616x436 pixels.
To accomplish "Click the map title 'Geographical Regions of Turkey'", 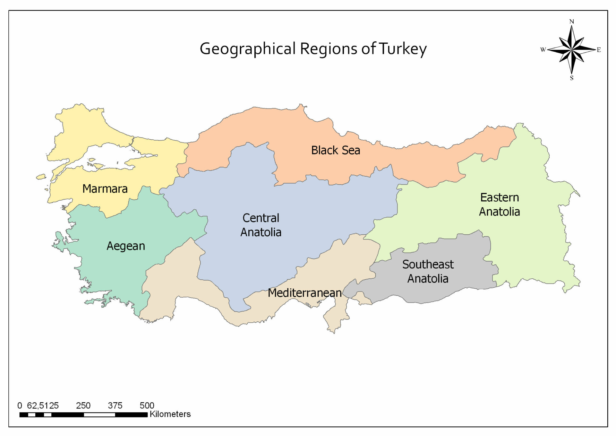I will click(x=313, y=49).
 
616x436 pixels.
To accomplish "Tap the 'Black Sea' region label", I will click(x=336, y=150).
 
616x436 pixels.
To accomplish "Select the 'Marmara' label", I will click(x=105, y=189).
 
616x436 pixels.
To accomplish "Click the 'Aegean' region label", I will click(x=126, y=246).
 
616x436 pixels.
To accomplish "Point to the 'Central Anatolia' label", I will click(x=261, y=225).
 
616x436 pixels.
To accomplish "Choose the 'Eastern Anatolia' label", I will click(x=499, y=205).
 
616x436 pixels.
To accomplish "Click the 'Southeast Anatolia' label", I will click(x=428, y=271).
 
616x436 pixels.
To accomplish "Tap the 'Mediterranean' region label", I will click(x=304, y=293).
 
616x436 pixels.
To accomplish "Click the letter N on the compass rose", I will click(x=571, y=22).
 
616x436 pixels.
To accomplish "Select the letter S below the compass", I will click(x=572, y=78).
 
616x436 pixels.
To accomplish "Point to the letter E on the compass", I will click(x=599, y=50).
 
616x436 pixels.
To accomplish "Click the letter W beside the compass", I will click(x=543, y=50).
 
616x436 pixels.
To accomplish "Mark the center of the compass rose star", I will click(x=572, y=50).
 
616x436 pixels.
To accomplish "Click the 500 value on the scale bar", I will click(x=147, y=405).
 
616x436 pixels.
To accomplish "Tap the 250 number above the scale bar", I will click(x=83, y=405).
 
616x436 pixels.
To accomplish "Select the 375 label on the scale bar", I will click(x=115, y=405).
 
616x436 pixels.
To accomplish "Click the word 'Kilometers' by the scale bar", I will click(x=170, y=414).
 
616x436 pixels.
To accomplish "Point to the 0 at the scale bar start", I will click(x=20, y=405).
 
